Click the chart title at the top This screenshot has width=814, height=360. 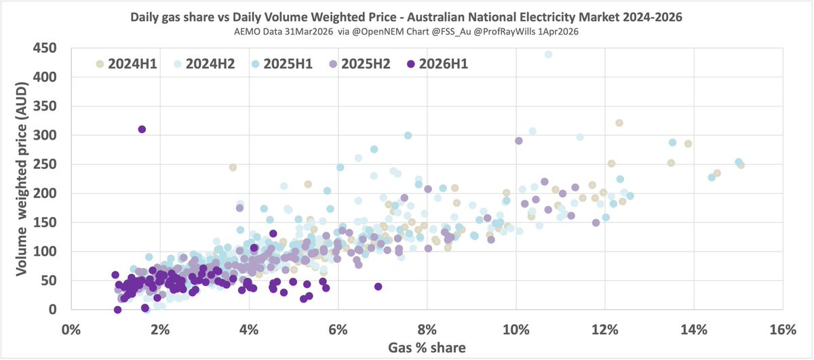point(407,16)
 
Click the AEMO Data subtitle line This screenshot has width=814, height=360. point(407,31)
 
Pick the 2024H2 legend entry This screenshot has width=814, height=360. point(207,64)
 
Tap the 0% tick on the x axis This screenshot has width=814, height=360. point(71,330)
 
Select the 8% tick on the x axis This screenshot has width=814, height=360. point(426,330)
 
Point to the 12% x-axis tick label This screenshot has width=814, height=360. point(604,330)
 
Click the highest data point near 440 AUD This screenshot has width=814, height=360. point(548,54)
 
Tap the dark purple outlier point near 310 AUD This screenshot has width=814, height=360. point(142,129)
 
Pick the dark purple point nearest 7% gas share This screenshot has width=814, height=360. point(378,287)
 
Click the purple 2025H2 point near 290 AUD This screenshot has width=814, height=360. point(519,141)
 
